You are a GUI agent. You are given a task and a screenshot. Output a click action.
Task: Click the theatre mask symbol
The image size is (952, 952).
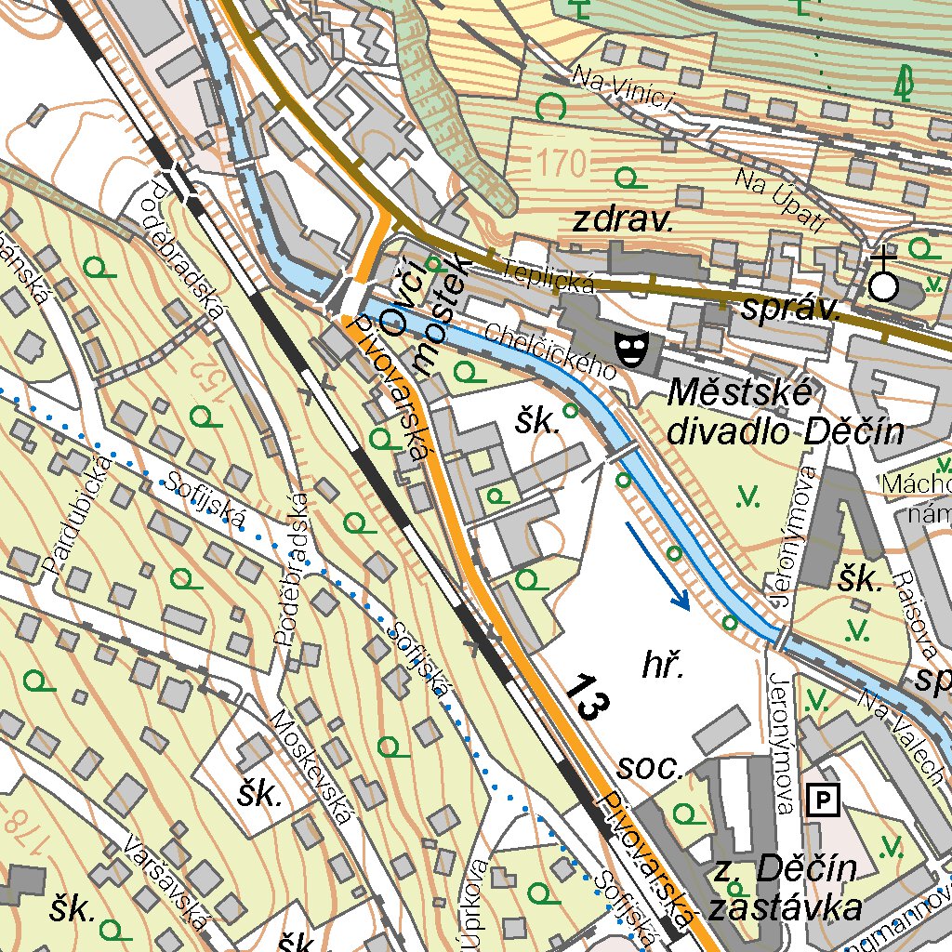click(631, 350)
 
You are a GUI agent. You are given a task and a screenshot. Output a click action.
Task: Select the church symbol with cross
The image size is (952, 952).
click(883, 278)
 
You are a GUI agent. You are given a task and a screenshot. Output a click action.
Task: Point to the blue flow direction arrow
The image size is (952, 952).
click(657, 565)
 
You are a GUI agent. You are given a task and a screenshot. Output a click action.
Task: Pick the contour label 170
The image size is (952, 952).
click(562, 164)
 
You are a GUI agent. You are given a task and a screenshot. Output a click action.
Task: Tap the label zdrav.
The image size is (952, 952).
click(622, 221)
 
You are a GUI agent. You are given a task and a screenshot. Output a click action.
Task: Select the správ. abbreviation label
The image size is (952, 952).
click(791, 311)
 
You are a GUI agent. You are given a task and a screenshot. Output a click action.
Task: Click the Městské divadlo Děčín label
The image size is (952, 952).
click(786, 413)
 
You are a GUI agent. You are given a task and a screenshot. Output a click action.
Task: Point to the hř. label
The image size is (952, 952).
click(664, 665)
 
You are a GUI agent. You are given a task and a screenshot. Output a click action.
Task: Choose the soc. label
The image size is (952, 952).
click(652, 768)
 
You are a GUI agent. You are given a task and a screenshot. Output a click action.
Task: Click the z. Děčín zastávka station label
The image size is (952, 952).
click(786, 889)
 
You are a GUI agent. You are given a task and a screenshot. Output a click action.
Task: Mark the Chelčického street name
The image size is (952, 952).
click(551, 350)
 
